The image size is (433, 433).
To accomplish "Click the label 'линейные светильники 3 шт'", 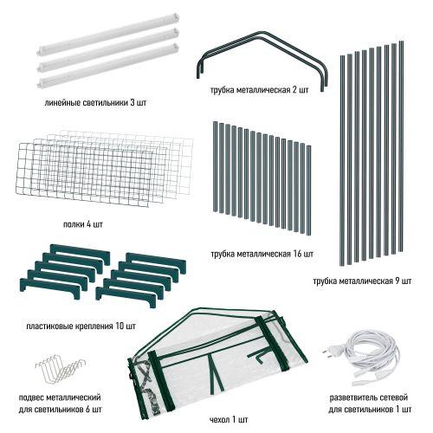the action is [x=95, y=103].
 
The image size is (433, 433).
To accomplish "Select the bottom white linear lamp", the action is [x=108, y=66].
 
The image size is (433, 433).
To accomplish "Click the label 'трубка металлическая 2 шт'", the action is [x=260, y=90].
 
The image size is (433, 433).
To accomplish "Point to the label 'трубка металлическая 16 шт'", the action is [x=262, y=254].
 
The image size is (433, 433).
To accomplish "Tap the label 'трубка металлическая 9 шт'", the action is [x=362, y=281].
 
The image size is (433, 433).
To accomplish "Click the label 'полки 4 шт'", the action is [x=83, y=224].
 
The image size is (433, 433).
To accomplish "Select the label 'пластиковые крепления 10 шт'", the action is [x=81, y=326].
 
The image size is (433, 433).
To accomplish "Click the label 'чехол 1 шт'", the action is [x=229, y=419].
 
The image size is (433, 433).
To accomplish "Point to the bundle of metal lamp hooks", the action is [x=61, y=370].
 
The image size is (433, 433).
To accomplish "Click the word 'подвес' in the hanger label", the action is [x=31, y=397].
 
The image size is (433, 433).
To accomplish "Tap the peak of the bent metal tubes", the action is [x=261, y=34].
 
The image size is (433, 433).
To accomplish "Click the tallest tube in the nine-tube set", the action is [x=401, y=146].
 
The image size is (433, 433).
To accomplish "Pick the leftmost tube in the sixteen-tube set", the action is [x=216, y=167].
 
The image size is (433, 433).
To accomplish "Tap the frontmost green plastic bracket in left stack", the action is [x=49, y=288].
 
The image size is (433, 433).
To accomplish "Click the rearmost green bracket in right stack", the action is [x=156, y=262].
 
